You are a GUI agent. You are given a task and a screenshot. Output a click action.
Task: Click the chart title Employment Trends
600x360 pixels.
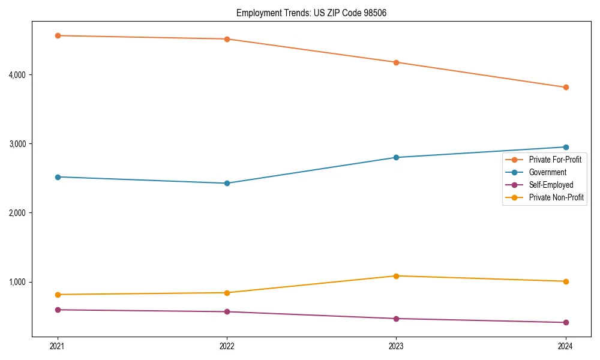click(315, 13)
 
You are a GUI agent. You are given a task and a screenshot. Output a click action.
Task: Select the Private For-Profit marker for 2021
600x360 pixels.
click(58, 36)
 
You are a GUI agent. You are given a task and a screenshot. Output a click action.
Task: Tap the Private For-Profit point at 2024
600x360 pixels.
click(565, 88)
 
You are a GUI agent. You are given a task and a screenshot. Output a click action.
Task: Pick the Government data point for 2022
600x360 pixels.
click(227, 184)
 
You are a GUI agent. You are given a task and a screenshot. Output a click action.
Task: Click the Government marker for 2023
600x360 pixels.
click(396, 158)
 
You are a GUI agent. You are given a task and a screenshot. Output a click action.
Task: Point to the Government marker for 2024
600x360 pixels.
click(565, 147)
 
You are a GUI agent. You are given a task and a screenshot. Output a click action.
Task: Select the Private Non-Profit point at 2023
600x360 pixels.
click(396, 276)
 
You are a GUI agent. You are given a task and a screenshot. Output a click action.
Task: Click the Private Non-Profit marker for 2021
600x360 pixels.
click(58, 295)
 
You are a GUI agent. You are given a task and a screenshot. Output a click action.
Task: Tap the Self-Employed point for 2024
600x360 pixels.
click(565, 323)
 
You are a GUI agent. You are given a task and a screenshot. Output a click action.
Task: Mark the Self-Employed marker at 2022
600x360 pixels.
click(227, 312)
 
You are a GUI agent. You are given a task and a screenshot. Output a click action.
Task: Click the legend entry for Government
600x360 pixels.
click(547, 173)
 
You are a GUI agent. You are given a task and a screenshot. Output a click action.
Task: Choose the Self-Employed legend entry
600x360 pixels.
click(551, 185)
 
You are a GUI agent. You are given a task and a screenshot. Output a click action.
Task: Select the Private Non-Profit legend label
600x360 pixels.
click(556, 198)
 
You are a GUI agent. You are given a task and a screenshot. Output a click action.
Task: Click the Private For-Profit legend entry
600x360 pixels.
click(555, 160)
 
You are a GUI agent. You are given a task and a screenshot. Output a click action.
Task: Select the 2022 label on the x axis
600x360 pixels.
click(227, 346)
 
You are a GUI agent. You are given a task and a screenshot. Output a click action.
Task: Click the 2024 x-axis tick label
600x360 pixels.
click(565, 346)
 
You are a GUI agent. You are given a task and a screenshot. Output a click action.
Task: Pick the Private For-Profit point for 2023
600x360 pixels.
click(396, 62)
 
